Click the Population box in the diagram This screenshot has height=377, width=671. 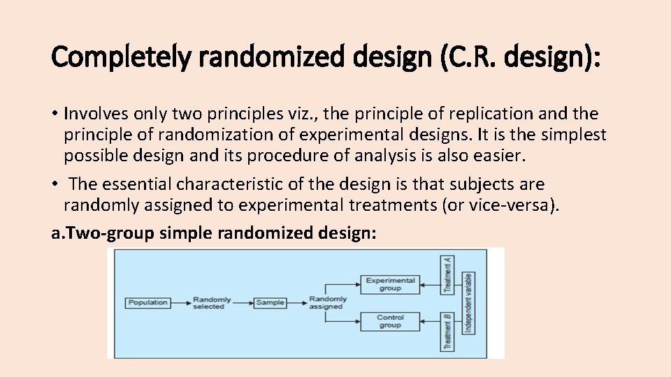point(148,302)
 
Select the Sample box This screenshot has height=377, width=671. point(270,302)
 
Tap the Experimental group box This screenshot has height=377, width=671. point(391,284)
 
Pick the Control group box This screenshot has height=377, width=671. point(391,321)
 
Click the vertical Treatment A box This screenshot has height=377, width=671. point(447,274)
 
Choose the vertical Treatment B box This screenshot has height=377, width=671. point(447,332)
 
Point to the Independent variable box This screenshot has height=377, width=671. point(468,302)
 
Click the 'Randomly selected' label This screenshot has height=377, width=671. point(209,302)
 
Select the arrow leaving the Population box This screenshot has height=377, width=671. point(180,302)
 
